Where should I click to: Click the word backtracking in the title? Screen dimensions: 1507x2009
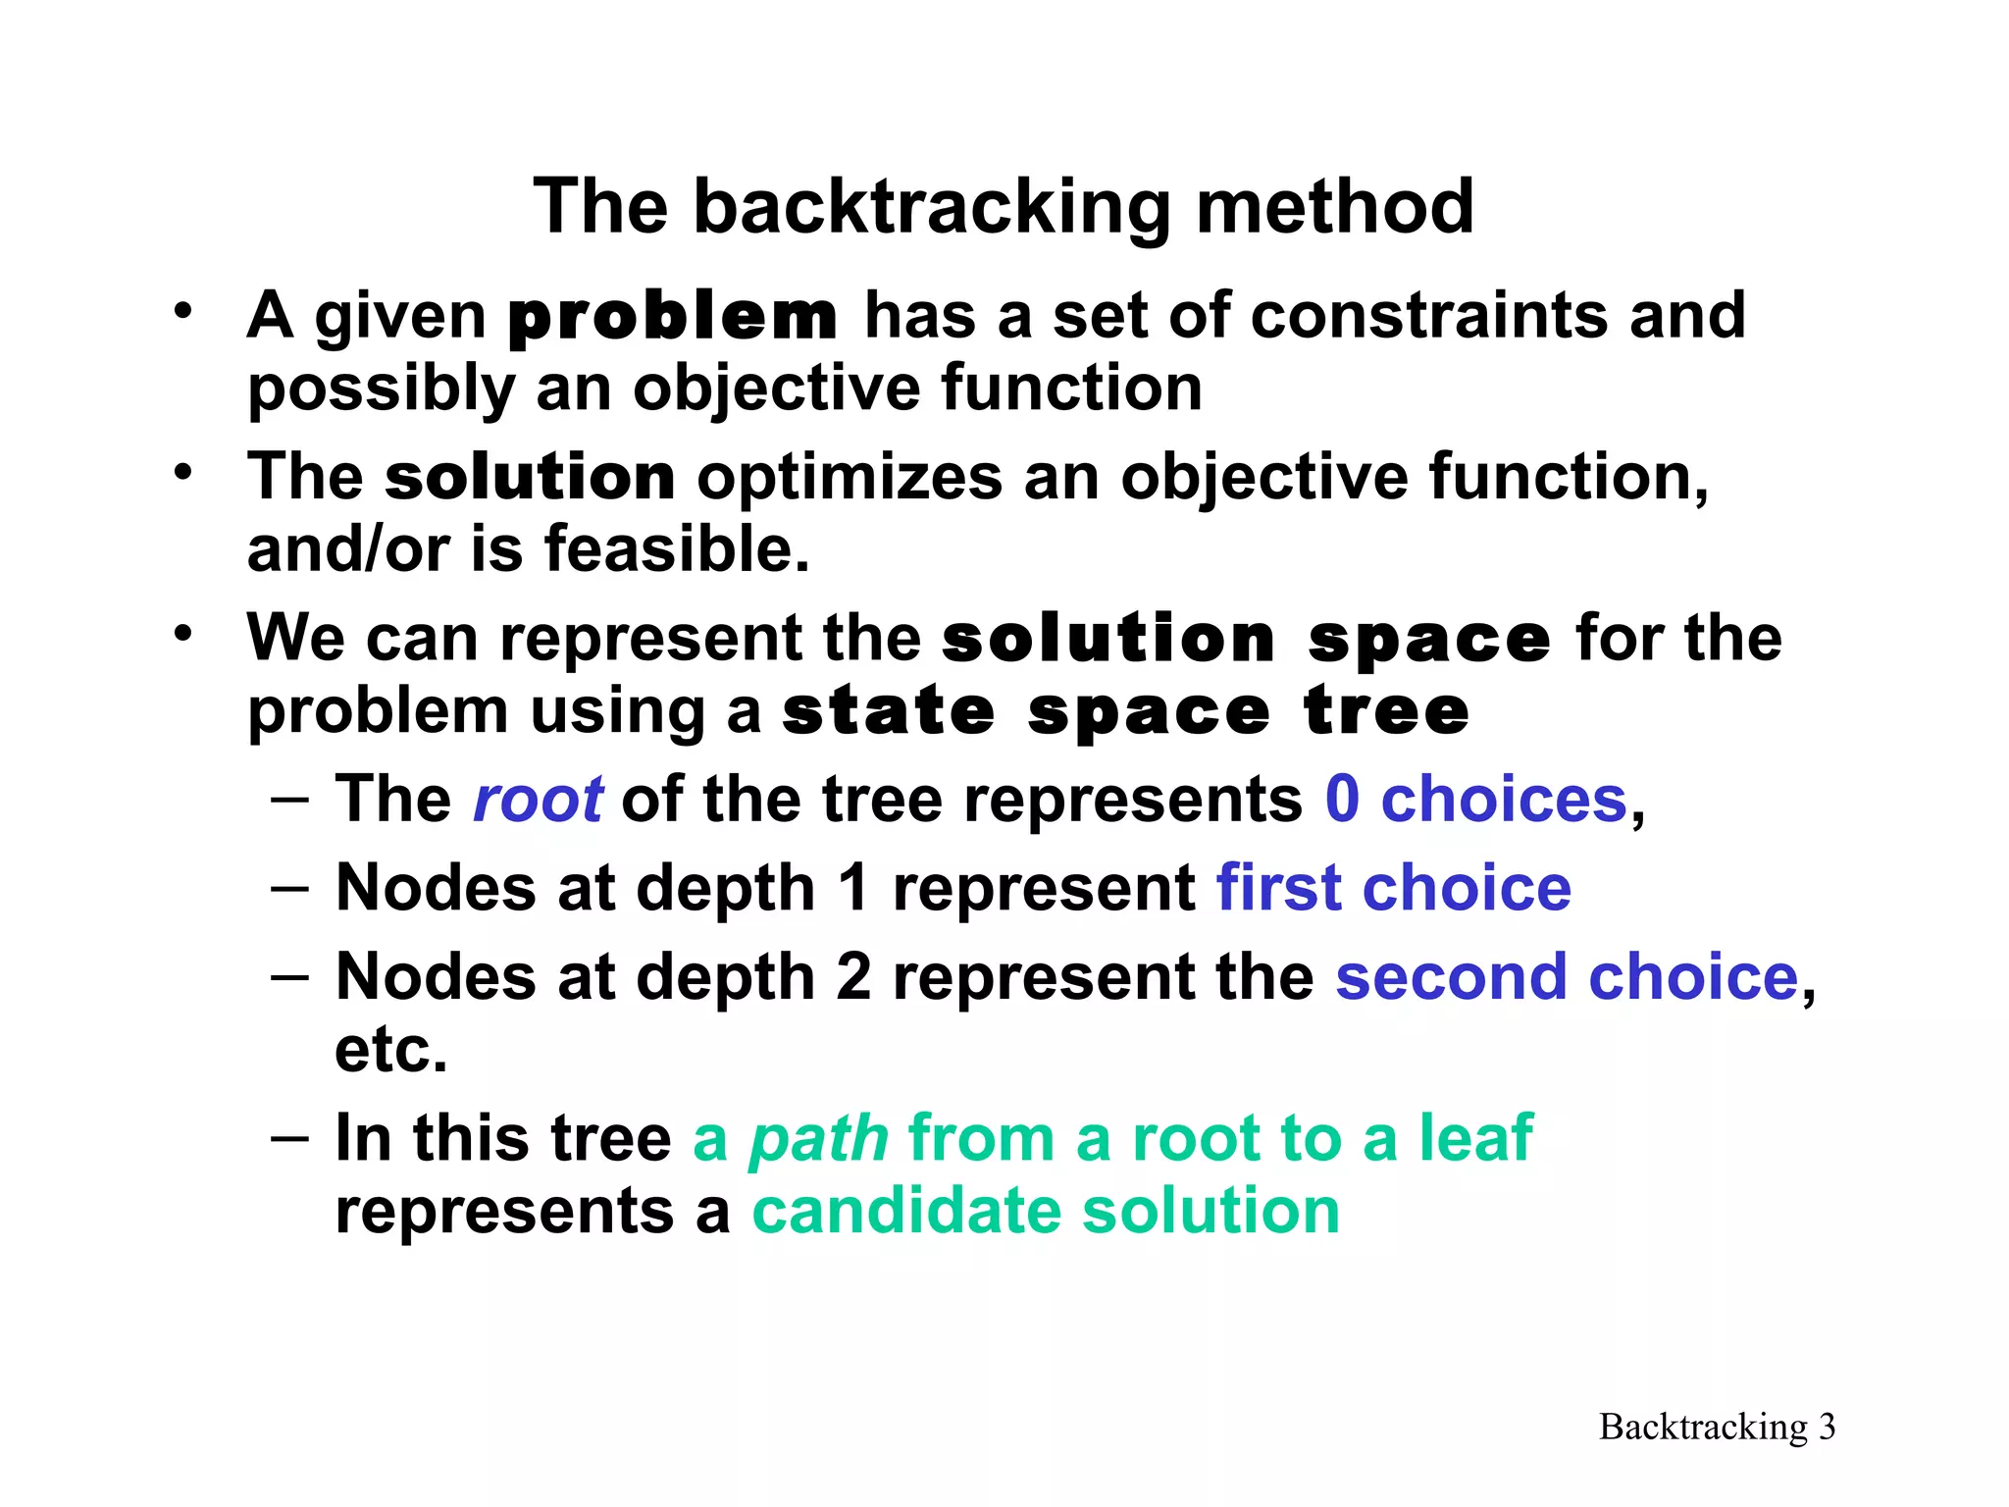[932, 207]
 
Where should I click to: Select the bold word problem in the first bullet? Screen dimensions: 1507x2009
[673, 317]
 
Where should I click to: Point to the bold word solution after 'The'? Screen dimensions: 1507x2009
[530, 478]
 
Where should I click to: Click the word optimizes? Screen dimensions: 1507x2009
[850, 478]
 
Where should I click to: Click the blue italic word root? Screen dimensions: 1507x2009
[538, 800]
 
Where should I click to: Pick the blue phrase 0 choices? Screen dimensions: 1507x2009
[1476, 800]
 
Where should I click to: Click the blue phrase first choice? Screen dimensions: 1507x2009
[1393, 889]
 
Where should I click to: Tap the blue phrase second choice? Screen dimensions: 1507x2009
[1567, 978]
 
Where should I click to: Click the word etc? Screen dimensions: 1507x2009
[390, 1050]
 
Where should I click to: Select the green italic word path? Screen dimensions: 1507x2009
[819, 1140]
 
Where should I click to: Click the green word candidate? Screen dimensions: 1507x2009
[906, 1211]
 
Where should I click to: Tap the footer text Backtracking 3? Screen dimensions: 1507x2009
[1717, 1427]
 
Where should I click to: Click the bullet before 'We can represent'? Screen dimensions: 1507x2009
[182, 634]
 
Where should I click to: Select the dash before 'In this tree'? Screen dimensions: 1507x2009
[289, 1137]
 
